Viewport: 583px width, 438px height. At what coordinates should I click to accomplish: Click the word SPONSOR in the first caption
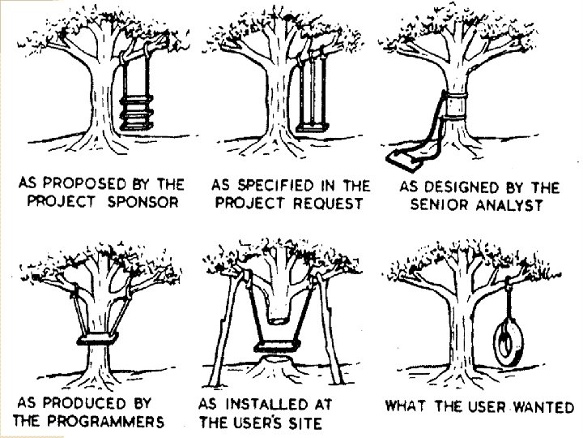[x=139, y=201]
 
